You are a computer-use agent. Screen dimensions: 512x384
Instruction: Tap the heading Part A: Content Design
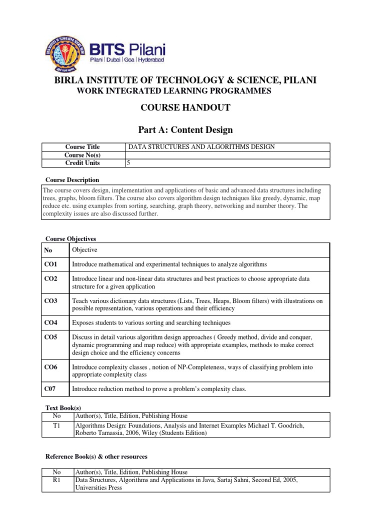(185, 130)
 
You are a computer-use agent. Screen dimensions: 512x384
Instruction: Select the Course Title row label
(82, 147)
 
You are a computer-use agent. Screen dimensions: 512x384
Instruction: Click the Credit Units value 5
(129, 163)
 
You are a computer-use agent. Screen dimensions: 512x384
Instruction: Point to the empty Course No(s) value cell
(227, 155)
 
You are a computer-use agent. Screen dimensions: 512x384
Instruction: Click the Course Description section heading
(72, 180)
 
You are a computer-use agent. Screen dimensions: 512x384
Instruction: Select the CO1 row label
(50, 264)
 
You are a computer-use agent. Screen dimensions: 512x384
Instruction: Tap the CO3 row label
(50, 300)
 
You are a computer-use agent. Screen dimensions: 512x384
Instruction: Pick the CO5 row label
(50, 337)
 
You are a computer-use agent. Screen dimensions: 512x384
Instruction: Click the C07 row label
(50, 389)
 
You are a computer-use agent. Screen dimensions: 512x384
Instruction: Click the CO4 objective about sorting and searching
(151, 322)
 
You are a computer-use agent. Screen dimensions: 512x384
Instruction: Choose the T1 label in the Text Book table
(56, 425)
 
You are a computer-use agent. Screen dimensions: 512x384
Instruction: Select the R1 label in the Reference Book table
(56, 480)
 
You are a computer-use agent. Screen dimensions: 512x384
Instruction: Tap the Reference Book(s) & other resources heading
(96, 456)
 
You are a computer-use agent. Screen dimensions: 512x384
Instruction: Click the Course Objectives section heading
(70, 239)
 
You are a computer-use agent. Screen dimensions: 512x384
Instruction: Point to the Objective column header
(84, 249)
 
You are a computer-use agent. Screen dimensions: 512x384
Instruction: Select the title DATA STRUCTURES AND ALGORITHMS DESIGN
(202, 147)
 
